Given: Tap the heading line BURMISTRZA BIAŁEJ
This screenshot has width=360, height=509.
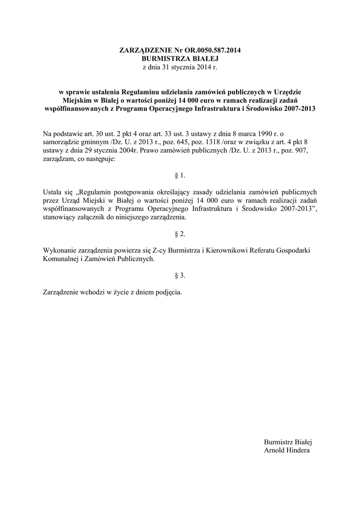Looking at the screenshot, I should (180, 58).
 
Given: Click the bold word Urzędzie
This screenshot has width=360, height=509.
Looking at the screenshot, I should (286, 92).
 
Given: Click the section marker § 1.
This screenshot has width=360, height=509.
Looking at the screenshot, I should (180, 175).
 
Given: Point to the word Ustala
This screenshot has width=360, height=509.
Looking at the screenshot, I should (53, 191).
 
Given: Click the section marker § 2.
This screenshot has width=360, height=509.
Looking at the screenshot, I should (180, 233).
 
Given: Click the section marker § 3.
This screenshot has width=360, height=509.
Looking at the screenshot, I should (180, 275).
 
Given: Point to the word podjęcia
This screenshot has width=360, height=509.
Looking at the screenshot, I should (168, 292).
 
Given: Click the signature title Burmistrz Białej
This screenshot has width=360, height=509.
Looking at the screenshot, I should (287, 442).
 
